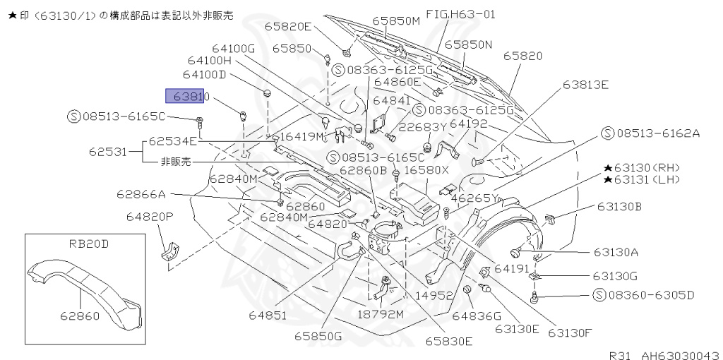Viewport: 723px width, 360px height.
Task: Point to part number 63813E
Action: [585, 85]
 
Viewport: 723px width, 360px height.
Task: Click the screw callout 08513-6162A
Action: [650, 133]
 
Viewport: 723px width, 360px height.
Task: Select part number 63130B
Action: [619, 207]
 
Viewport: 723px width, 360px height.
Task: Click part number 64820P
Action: [150, 216]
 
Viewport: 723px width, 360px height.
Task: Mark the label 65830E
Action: [448, 341]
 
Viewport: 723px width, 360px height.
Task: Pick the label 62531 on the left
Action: [109, 151]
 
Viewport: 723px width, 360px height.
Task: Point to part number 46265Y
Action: [474, 198]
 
